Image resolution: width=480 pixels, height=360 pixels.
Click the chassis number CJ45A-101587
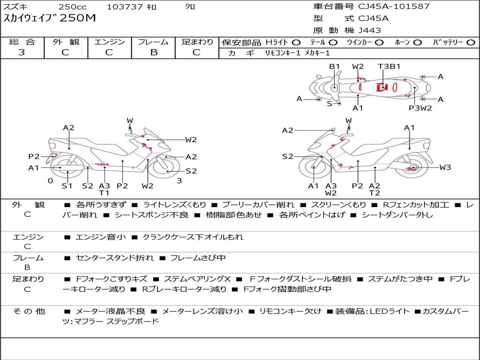(x=394, y=7)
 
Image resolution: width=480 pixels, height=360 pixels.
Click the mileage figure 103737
(x=125, y=7)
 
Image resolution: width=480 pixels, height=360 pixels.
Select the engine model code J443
(x=370, y=30)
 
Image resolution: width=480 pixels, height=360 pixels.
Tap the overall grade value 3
(x=22, y=52)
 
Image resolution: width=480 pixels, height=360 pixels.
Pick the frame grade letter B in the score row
(x=154, y=52)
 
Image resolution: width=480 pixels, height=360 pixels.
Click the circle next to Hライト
(x=296, y=43)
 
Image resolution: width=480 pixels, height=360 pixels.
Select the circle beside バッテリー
(x=471, y=43)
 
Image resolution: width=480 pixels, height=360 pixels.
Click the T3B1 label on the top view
(x=389, y=67)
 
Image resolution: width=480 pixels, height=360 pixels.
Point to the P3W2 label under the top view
(x=420, y=108)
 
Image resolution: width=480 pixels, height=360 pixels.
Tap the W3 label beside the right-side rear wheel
(x=445, y=167)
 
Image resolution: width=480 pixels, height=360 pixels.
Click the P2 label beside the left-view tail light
(x=34, y=157)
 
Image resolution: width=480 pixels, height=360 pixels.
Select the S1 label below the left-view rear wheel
(x=67, y=186)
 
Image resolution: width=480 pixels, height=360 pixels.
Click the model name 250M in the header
(x=78, y=18)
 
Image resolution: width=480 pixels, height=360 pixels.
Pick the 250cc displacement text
(x=73, y=7)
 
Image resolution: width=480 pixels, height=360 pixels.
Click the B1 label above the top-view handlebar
(x=335, y=67)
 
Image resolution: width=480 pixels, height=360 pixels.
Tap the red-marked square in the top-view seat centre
(x=382, y=88)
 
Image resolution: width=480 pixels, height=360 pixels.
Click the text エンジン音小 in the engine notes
(x=100, y=237)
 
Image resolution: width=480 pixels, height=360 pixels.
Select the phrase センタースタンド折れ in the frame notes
(x=115, y=258)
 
